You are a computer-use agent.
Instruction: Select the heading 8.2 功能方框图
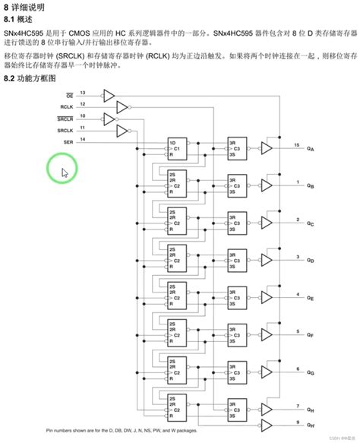[x=30, y=79]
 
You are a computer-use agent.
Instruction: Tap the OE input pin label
[x=69, y=96]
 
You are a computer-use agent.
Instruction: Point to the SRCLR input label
[x=65, y=119]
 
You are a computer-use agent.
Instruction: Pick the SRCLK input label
[x=65, y=131]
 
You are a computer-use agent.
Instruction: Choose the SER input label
[x=68, y=142]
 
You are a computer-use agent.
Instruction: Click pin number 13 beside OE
[x=82, y=93]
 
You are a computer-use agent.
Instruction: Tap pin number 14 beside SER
[x=82, y=139]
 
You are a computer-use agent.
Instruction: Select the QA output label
[x=311, y=149]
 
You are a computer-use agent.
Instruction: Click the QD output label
[x=311, y=261]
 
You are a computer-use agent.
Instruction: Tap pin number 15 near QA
[x=296, y=144]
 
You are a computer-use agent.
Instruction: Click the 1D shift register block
[x=178, y=148]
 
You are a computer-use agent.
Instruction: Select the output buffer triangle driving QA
[x=267, y=148]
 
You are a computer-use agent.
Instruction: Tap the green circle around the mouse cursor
[x=62, y=168]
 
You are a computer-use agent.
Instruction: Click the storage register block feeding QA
[x=235, y=148]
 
